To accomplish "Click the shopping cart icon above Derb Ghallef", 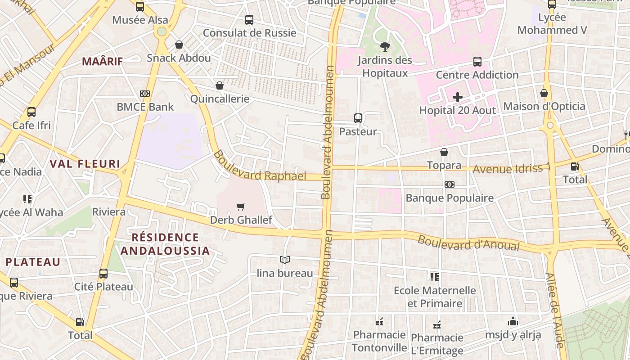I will point(241,207).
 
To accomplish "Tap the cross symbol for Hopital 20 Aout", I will point(458,97).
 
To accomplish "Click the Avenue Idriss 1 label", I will point(512,169).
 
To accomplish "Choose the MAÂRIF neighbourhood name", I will point(102,62).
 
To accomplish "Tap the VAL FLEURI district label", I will point(85,164).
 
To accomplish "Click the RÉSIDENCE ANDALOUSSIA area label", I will point(166,244).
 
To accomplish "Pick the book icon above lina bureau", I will point(285,260).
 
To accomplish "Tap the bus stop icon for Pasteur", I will point(358,118).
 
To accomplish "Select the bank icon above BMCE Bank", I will point(145,94).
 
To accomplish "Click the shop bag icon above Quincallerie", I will point(220,85).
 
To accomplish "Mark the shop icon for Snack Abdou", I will point(179,45).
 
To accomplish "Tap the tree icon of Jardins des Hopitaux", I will point(385,46).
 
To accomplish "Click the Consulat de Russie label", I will point(250,33).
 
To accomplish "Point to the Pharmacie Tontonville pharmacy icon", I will point(379,322).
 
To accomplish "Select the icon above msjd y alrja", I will point(513,322).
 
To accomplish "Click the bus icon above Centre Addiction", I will point(477,62).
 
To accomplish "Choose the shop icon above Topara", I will point(444,152).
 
